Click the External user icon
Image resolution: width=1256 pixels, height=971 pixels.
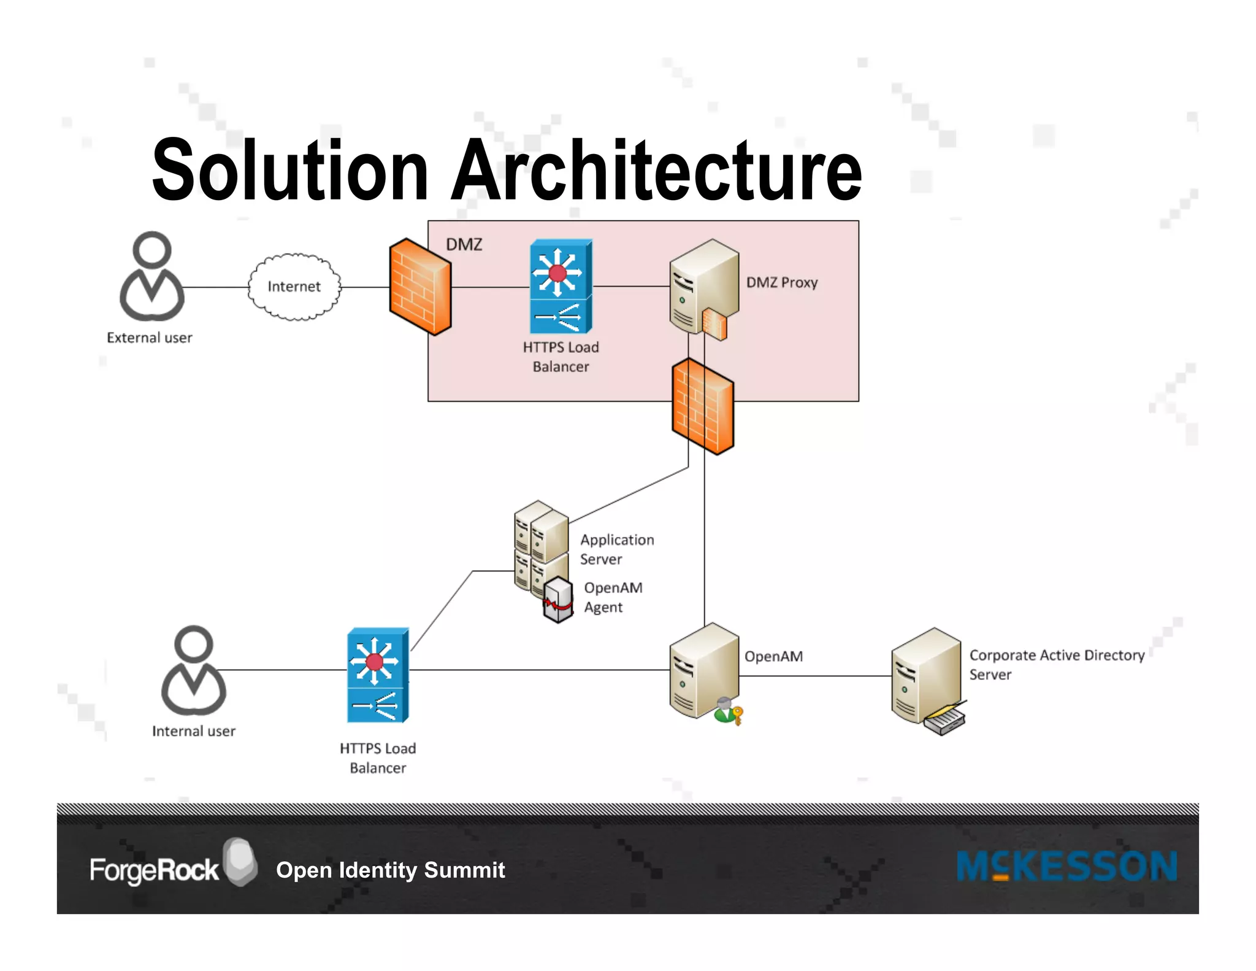click(x=151, y=277)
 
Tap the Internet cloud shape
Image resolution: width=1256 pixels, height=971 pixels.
click(x=294, y=287)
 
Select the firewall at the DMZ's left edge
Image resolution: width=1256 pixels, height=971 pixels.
click(x=421, y=287)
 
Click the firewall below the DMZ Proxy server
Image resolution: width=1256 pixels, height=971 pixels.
click(x=703, y=406)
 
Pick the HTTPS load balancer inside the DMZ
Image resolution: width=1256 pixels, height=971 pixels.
click(x=561, y=287)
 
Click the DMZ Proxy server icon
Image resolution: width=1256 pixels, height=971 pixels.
click(x=703, y=286)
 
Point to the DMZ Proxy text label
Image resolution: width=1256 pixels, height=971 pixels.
click(x=781, y=282)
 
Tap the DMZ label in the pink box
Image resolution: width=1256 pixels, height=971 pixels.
click(x=464, y=244)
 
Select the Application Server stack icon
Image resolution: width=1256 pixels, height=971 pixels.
click(x=540, y=543)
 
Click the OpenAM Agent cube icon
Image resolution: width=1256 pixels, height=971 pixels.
click(x=558, y=600)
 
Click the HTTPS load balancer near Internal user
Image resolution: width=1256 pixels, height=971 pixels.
click(x=378, y=675)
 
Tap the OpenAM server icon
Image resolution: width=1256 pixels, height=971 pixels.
click(x=703, y=670)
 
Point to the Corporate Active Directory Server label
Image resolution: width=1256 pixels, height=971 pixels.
click(x=1056, y=664)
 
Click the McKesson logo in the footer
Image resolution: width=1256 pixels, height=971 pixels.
click(x=1066, y=867)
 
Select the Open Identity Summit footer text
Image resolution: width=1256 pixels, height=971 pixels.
click(x=391, y=870)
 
